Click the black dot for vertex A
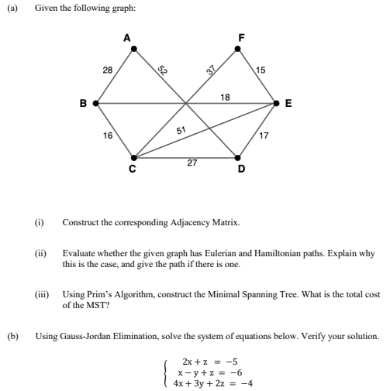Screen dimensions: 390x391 [134, 49]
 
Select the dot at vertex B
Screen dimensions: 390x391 [95, 102]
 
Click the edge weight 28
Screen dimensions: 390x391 [108, 70]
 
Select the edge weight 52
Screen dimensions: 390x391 [163, 70]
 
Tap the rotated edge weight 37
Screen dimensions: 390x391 [209, 70]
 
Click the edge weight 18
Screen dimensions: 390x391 [225, 96]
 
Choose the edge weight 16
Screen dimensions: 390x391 [108, 135]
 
